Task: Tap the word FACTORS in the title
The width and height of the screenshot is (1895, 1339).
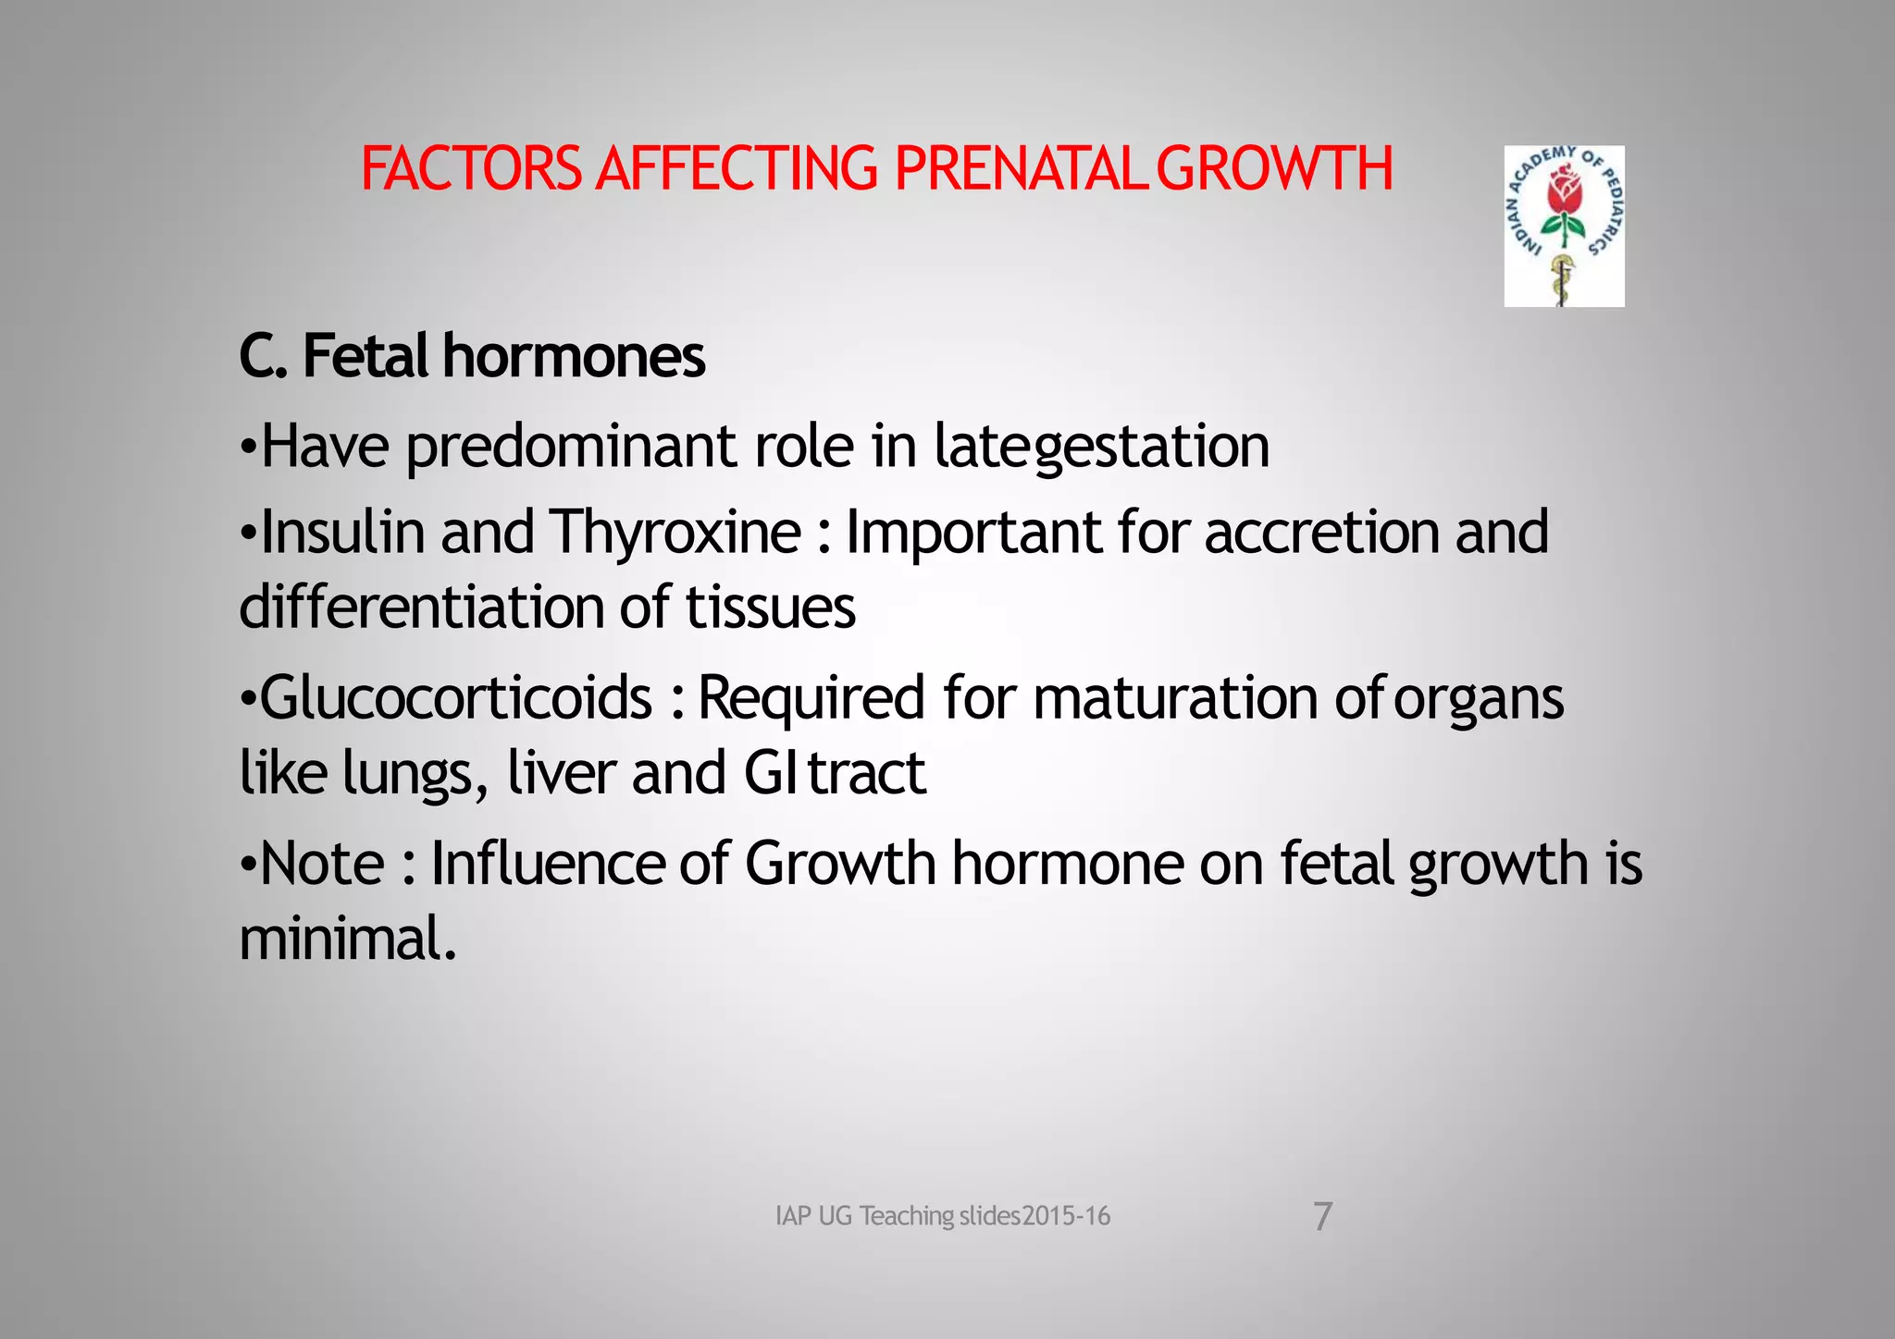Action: (471, 169)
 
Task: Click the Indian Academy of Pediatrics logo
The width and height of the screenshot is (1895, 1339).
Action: (1564, 226)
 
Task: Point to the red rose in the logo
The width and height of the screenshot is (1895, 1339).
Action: (1565, 190)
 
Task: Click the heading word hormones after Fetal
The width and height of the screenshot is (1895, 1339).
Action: (574, 356)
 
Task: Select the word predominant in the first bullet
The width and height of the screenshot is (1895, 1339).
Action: (572, 448)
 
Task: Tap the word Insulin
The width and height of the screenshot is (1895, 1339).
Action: (342, 533)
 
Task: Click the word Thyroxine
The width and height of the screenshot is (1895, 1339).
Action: (675, 533)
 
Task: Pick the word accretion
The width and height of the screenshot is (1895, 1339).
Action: (1321, 533)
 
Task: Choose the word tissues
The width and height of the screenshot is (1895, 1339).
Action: (770, 608)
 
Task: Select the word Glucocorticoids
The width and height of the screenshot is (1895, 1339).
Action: (456, 698)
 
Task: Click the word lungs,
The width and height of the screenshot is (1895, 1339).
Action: (415, 774)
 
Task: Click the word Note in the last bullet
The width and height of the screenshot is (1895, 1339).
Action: (322, 864)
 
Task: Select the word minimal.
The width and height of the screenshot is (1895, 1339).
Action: (348, 939)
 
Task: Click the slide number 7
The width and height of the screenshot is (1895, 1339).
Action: (1323, 1216)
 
